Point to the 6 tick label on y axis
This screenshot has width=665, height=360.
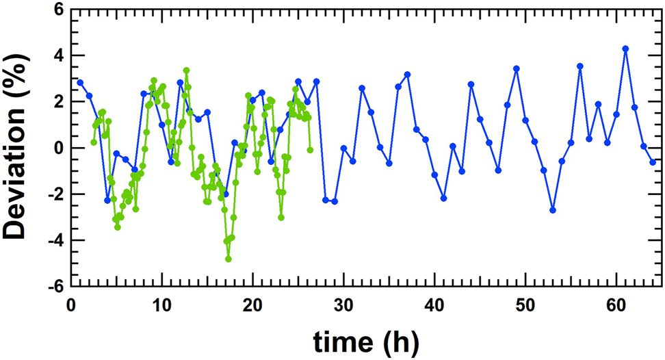[x=60, y=10]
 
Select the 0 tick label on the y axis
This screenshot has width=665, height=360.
[x=60, y=148]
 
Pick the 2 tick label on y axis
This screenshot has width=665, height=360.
[x=60, y=102]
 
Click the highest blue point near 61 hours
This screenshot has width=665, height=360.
[x=625, y=49]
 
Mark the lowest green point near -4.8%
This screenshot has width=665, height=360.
[x=229, y=259]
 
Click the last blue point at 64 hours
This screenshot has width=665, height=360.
[x=653, y=162]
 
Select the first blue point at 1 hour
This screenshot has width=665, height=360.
[x=80, y=82]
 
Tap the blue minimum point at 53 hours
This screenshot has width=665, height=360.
[x=553, y=210]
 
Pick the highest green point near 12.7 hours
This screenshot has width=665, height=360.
[x=186, y=70]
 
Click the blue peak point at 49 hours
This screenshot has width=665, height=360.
[x=517, y=68]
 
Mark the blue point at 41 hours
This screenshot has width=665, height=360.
[x=443, y=198]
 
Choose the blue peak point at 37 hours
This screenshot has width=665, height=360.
[x=407, y=74]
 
